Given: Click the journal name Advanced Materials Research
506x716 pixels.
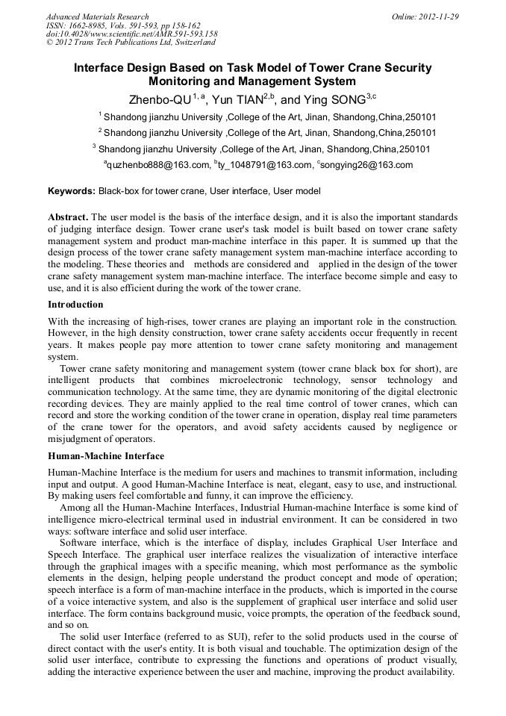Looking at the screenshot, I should [x=97, y=16].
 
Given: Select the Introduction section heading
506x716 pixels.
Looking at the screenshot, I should [x=75, y=305].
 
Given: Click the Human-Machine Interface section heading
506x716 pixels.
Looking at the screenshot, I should [x=106, y=456].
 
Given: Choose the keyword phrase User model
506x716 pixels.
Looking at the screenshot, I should [x=296, y=191].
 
